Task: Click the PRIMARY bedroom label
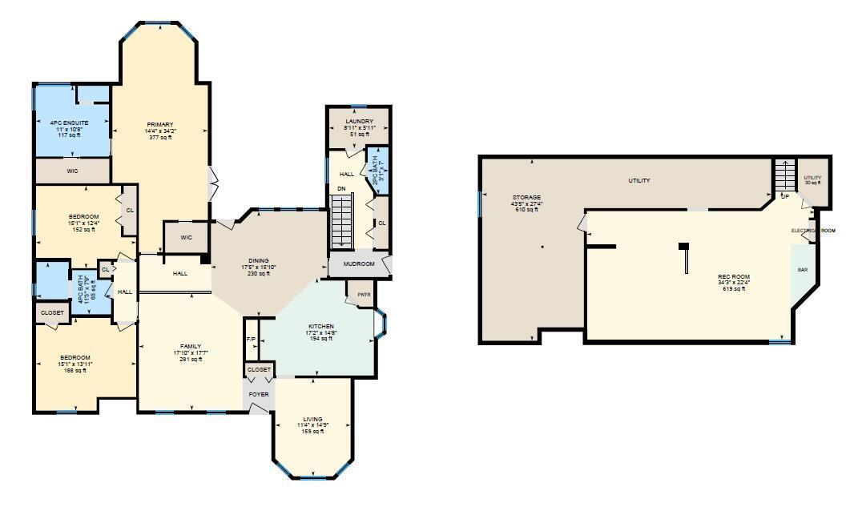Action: tap(159, 124)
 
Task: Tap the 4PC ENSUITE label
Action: tap(69, 123)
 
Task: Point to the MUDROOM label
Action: tap(360, 264)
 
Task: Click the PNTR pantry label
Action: tap(352, 294)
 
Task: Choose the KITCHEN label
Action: tap(320, 326)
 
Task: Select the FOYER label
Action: tap(258, 394)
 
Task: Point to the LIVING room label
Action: tap(312, 419)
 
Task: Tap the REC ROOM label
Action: tap(734, 276)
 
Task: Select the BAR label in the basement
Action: tap(802, 270)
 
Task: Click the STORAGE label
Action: tap(527, 197)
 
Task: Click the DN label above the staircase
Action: tap(340, 189)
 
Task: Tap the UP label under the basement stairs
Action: tap(784, 196)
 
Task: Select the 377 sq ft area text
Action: tap(159, 137)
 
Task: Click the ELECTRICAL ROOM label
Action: tap(813, 231)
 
